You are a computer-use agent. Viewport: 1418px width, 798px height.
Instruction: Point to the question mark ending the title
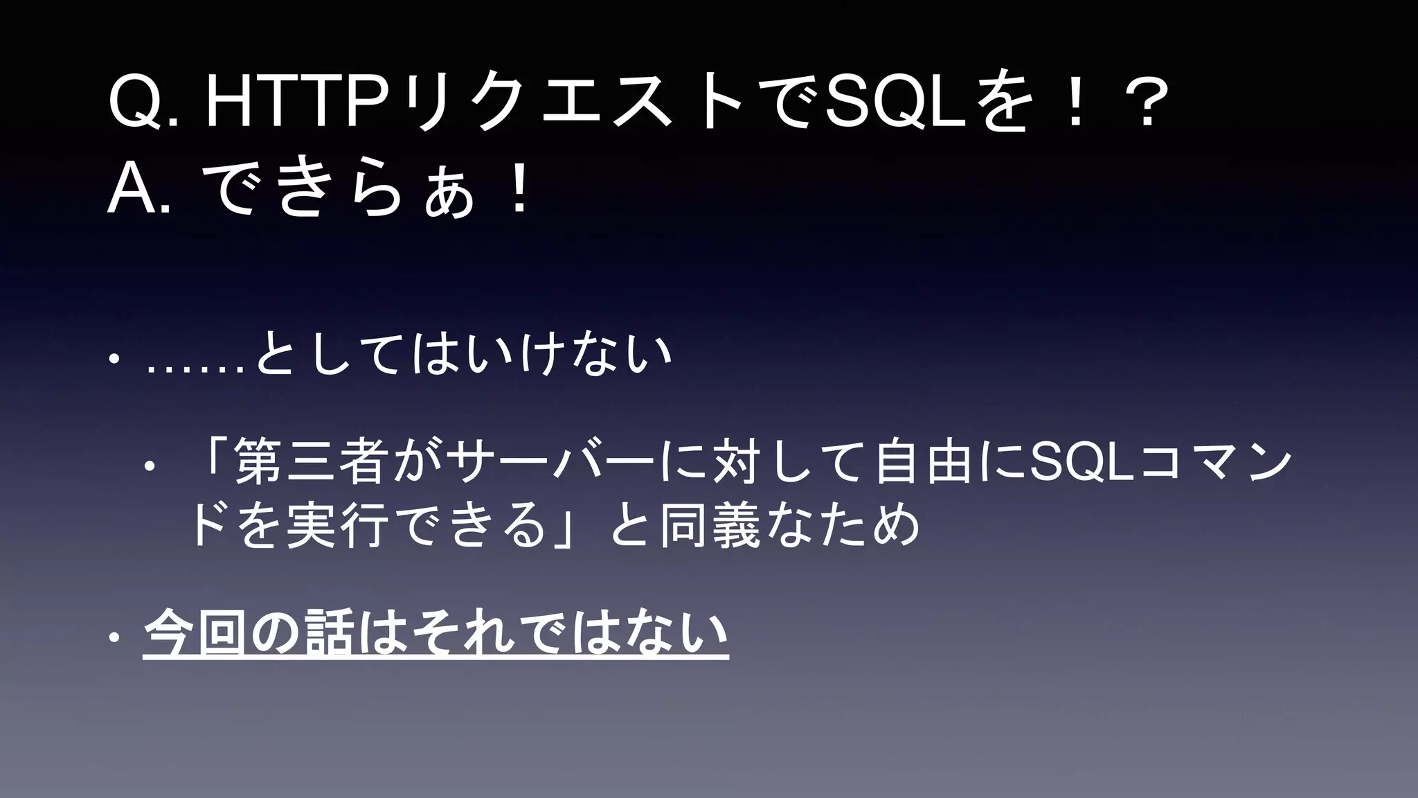pos(1146,105)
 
